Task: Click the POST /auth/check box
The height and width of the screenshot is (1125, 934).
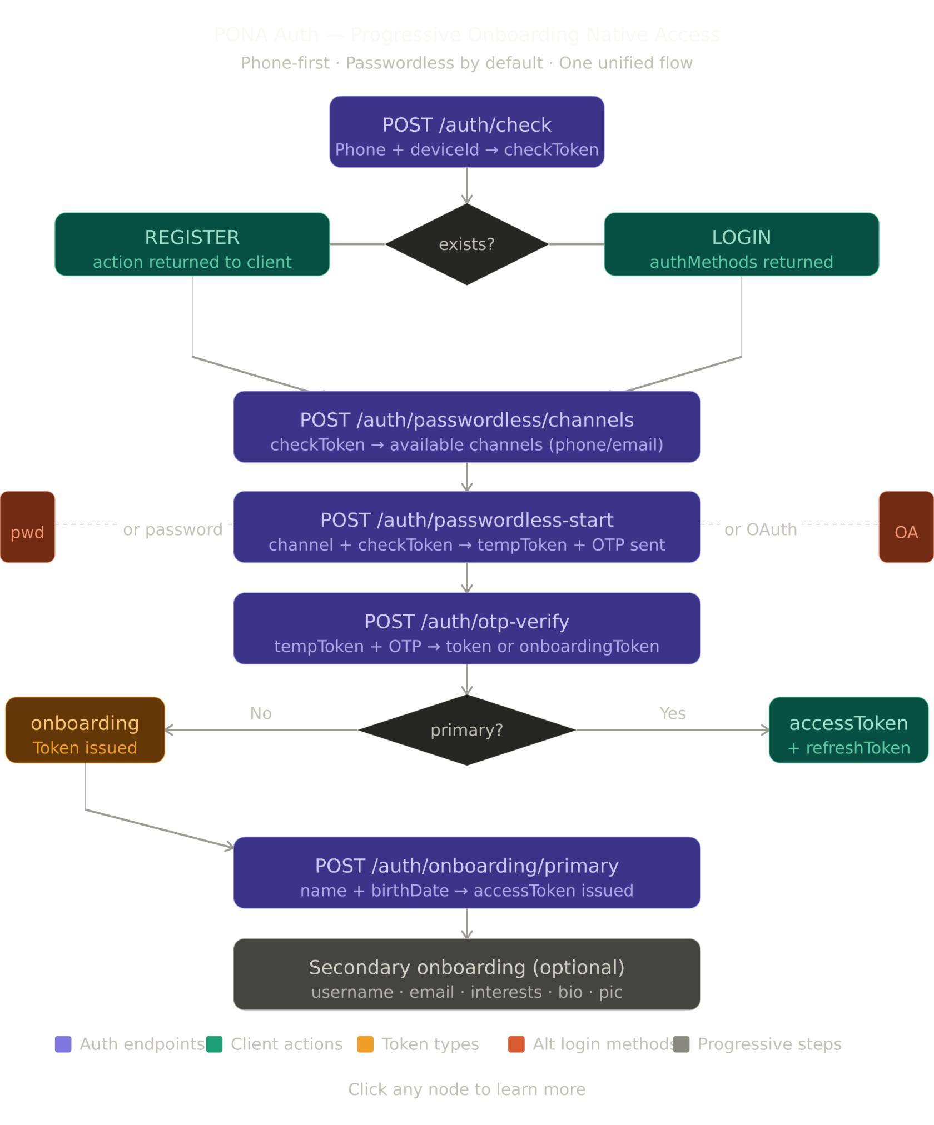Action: pos(466,132)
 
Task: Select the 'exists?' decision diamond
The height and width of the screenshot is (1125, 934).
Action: pos(466,244)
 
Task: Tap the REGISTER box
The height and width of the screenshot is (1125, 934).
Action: pos(192,244)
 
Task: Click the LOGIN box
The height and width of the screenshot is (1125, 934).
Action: pos(741,244)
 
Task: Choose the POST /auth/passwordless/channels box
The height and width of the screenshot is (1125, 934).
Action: pos(466,427)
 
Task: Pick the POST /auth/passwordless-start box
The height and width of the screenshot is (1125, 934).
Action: pos(466,527)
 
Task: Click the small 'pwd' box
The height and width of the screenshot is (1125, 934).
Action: pos(27,527)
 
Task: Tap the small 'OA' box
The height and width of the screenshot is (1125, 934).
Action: pos(906,527)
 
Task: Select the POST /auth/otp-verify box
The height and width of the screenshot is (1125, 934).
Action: pos(466,628)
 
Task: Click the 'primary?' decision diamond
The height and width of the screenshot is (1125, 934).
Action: pos(466,730)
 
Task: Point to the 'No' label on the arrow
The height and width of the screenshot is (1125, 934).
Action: pos(261,713)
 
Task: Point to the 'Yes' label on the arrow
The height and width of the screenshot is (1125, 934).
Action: pos(672,713)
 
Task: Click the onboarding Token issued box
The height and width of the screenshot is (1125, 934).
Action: pos(85,730)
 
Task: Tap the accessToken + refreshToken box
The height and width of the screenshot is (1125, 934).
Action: pos(848,730)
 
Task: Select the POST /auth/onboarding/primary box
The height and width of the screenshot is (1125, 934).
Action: pos(466,873)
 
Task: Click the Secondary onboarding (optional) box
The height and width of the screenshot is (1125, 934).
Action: pos(466,974)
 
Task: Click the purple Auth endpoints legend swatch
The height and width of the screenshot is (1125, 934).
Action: pos(63,1044)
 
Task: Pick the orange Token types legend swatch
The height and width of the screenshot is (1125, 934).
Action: pos(365,1044)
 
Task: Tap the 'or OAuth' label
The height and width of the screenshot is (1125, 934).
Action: pos(760,529)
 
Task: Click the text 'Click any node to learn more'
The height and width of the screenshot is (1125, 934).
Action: pos(466,1089)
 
